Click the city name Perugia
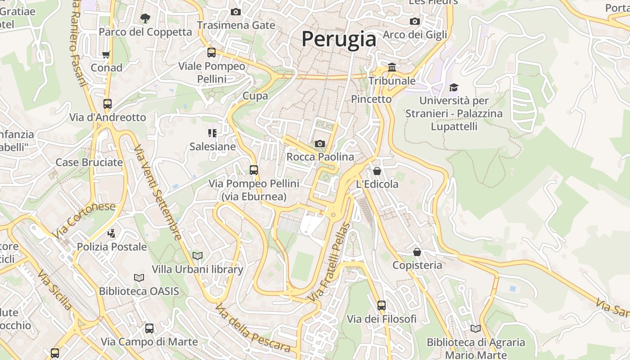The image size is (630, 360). tap(339, 39)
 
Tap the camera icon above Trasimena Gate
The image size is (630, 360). tap(235, 12)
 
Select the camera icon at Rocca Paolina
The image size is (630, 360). tap(320, 144)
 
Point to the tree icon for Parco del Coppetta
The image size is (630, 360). tap(145, 18)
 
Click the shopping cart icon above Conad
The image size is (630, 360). tap(106, 54)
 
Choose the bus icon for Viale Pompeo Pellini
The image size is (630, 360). tap(211, 53)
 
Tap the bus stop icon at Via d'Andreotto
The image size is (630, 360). tap(108, 104)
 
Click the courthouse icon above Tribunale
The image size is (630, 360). tap(392, 67)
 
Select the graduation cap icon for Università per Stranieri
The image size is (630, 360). tap(454, 87)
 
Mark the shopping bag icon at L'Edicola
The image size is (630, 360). tap(377, 171)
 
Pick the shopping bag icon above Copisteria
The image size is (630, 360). tap(417, 252)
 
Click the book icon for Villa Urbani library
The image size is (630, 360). tap(197, 256)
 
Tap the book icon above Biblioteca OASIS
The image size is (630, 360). tap(139, 278)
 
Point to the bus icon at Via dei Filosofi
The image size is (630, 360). tap(382, 306)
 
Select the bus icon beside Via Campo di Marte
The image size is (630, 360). tap(149, 328)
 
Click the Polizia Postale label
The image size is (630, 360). tap(112, 247)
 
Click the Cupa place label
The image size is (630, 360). tap(255, 95)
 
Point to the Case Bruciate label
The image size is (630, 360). tap(89, 162)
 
